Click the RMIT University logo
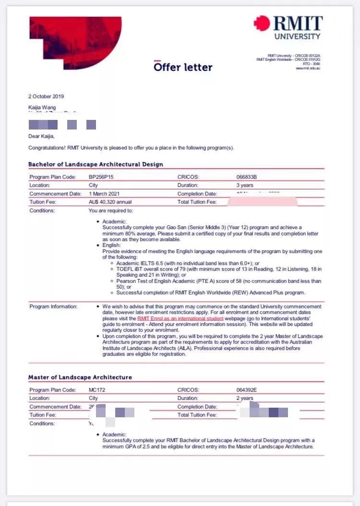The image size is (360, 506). (x=288, y=27)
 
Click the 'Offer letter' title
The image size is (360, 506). (x=183, y=67)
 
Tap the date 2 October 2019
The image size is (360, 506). (x=46, y=96)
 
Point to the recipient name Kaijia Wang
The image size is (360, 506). (x=42, y=107)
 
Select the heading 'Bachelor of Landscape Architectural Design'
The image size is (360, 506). (x=96, y=165)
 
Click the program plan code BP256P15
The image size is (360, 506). (x=101, y=177)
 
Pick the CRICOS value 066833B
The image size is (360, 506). (x=250, y=177)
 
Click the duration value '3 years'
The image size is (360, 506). (x=245, y=185)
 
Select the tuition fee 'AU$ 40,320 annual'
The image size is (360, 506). (x=110, y=202)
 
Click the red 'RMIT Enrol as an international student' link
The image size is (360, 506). (x=180, y=318)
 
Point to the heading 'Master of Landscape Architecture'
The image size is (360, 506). (x=80, y=377)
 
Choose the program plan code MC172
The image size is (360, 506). (x=97, y=390)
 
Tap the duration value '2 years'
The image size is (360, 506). (x=245, y=398)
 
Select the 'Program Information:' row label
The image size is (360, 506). (x=53, y=306)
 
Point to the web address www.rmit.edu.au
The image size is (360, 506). (x=308, y=68)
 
